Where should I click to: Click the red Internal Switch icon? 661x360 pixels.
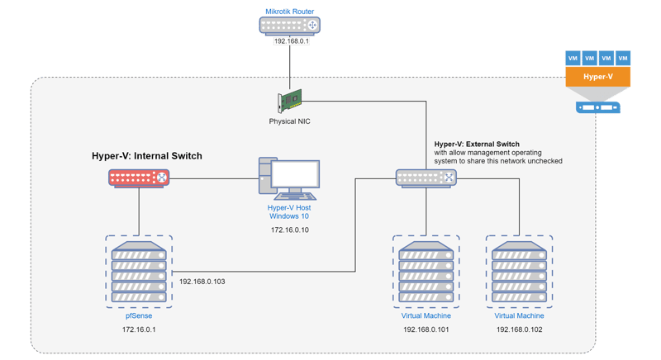(139, 177)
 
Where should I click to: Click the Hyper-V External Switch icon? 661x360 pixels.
(426, 177)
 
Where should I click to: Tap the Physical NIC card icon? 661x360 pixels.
(289, 102)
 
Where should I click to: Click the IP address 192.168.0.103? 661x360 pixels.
(202, 282)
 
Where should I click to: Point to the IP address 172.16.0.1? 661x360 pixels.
(138, 329)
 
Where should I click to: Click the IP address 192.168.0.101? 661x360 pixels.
(426, 329)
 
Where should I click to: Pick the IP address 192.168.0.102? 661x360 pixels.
(519, 329)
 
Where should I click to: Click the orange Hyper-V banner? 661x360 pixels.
(598, 78)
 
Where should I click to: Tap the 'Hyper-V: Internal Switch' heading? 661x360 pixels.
(147, 155)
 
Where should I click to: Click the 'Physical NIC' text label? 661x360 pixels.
(289, 121)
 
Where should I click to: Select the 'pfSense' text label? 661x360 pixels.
(138, 315)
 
